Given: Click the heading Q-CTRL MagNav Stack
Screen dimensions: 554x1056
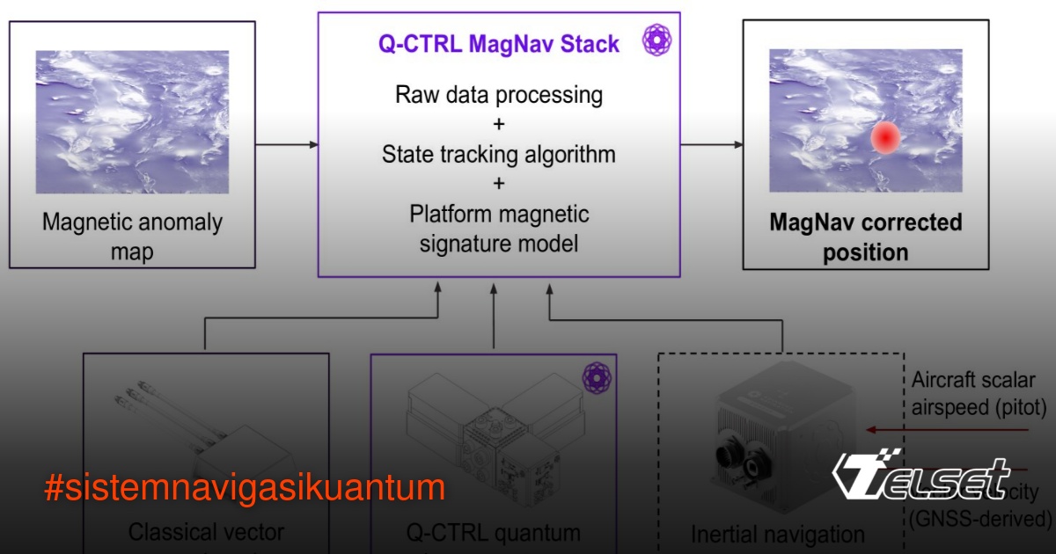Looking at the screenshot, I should [499, 44].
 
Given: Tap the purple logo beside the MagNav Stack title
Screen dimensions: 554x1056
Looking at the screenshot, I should [656, 40].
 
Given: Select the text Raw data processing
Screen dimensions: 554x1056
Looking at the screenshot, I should [499, 94].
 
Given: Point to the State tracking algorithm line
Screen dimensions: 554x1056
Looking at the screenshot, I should [499, 155].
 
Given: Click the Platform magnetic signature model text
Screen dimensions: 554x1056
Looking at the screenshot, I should [499, 228].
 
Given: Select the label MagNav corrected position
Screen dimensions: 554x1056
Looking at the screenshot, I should [866, 237].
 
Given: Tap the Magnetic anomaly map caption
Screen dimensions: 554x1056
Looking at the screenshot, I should [132, 237].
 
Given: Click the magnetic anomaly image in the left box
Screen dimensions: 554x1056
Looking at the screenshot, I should [132, 121].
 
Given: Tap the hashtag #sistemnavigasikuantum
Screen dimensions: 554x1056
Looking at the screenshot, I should [245, 487].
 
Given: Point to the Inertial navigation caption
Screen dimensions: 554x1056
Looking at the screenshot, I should [778, 534].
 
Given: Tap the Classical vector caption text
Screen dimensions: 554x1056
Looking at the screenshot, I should [206, 532].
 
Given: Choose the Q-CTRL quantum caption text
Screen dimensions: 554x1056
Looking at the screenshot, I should [493, 532].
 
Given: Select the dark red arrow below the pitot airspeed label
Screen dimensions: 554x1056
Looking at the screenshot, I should [946, 430].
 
